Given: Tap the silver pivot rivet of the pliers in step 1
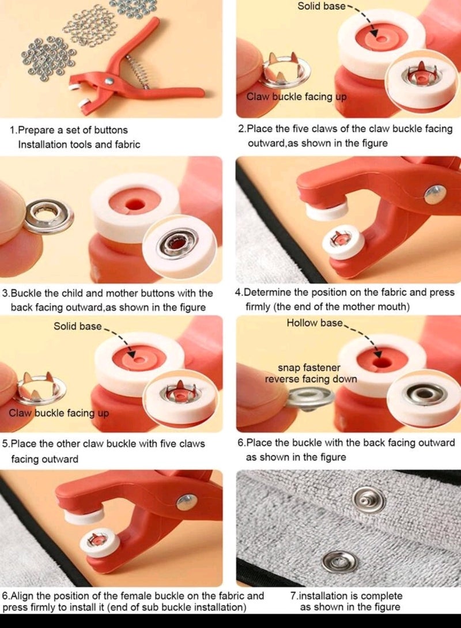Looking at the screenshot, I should click(x=108, y=82).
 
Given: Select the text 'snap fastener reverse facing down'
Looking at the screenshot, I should click(x=311, y=373).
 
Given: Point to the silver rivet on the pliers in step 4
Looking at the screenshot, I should click(x=435, y=194).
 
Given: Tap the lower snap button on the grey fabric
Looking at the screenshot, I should click(x=338, y=560).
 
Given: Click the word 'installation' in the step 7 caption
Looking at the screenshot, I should click(x=323, y=596).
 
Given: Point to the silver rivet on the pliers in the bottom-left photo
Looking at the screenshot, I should click(x=187, y=502).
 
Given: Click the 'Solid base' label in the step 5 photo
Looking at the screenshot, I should click(x=78, y=326).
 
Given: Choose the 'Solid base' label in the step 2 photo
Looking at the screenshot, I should click(x=321, y=6).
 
